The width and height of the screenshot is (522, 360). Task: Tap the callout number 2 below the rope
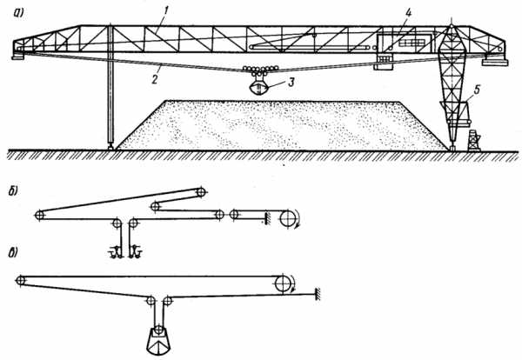pyautogui.click(x=154, y=79)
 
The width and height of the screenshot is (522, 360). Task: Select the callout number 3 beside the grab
pyautogui.click(x=291, y=83)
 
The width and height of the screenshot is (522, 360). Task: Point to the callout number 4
pyautogui.click(x=408, y=13)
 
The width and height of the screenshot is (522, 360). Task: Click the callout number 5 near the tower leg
pyautogui.click(x=477, y=90)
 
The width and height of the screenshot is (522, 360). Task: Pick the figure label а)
pyautogui.click(x=18, y=13)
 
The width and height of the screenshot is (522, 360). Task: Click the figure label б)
pyautogui.click(x=14, y=192)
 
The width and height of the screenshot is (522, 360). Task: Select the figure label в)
pyautogui.click(x=13, y=253)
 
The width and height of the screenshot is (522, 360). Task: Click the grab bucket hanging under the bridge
pyautogui.click(x=259, y=86)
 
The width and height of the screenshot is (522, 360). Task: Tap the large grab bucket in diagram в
pyautogui.click(x=159, y=341)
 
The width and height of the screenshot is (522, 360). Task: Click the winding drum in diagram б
pyautogui.click(x=287, y=218)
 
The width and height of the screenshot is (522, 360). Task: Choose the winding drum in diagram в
pyautogui.click(x=283, y=284)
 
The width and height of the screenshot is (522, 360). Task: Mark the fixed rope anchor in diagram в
pyautogui.click(x=318, y=294)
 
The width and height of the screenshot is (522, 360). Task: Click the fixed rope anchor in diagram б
pyautogui.click(x=267, y=218)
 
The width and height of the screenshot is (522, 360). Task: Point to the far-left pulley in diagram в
pyautogui.click(x=20, y=281)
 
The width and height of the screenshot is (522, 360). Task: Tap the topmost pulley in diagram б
pyautogui.click(x=201, y=192)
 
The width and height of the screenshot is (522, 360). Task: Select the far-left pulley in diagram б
pyautogui.click(x=39, y=215)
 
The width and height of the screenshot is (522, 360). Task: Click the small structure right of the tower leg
pyautogui.click(x=474, y=141)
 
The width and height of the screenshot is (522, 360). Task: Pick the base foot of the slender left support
pyautogui.click(x=110, y=146)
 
